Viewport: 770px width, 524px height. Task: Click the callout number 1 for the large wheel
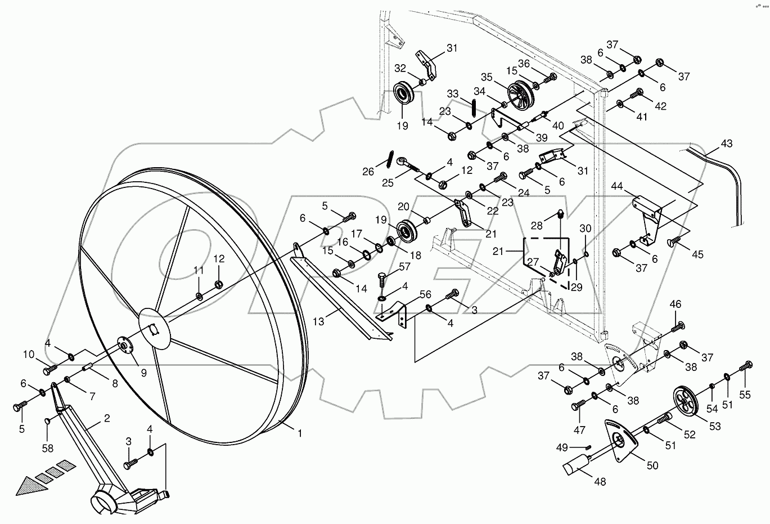tap(300, 433)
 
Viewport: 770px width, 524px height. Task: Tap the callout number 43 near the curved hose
tap(726, 144)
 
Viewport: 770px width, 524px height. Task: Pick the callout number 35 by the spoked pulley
tap(486, 77)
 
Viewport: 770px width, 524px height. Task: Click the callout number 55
tap(745, 395)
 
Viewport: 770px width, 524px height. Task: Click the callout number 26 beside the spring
tap(368, 171)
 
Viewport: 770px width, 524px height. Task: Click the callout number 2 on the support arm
tap(107, 418)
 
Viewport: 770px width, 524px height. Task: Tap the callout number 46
tap(676, 304)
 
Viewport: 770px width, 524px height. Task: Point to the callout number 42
tap(660, 105)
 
